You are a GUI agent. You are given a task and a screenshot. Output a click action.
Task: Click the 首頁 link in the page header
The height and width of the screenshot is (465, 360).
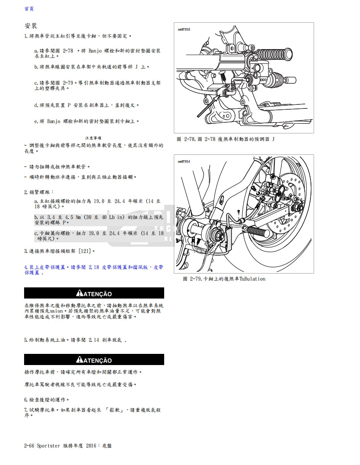click(29, 8)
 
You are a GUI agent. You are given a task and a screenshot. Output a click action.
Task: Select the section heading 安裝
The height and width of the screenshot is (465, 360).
click(31, 26)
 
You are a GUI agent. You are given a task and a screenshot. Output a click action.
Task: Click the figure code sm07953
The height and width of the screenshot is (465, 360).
click(184, 29)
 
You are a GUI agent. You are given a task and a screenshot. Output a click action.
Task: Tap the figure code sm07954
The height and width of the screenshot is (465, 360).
click(184, 162)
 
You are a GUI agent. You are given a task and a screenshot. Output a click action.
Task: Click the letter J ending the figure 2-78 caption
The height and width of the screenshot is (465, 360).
click(273, 139)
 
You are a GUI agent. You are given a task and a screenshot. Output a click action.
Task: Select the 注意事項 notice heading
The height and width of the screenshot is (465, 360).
click(93, 138)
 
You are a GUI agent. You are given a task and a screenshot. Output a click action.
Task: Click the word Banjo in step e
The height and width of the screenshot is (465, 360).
click(54, 121)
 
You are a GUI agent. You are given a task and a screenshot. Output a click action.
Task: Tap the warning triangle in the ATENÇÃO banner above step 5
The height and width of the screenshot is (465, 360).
click(80, 294)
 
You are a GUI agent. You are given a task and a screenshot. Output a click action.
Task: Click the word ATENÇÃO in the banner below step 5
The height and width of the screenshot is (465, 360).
click(98, 360)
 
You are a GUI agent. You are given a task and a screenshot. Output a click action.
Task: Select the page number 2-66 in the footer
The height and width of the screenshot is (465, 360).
click(29, 445)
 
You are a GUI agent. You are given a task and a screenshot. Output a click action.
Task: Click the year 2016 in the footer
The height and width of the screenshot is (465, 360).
click(92, 445)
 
